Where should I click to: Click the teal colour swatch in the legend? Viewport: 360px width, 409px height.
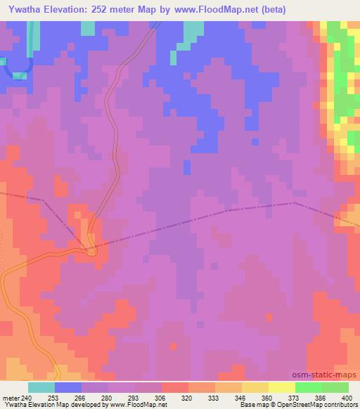[x=41, y=387]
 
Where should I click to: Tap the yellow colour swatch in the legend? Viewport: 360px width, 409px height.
[x=281, y=387]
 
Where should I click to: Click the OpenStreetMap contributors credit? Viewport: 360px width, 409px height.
[x=317, y=405]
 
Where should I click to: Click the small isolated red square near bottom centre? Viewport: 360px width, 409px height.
[x=174, y=346]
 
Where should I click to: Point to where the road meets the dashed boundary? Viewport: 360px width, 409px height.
[x=89, y=247]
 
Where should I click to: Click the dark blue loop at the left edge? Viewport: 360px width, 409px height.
[x=17, y=65]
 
